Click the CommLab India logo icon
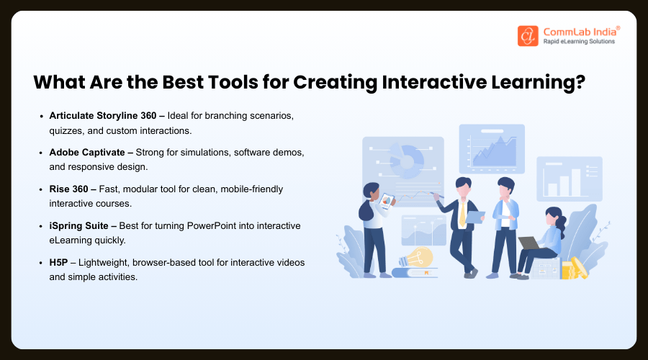pyautogui.click(x=528, y=36)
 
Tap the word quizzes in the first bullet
pyautogui.click(x=69, y=130)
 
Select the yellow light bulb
pyautogui.click(x=420, y=257)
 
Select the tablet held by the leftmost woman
pyautogui.click(x=387, y=201)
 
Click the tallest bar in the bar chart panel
pyautogui.click(x=575, y=183)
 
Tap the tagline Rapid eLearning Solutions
pyautogui.click(x=577, y=41)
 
